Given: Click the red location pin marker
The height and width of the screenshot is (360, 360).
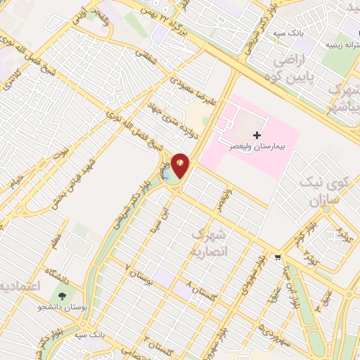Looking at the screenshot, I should point(181,165).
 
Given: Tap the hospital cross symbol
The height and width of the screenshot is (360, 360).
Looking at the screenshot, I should point(257,134).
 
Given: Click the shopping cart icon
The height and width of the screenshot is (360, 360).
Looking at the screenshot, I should point(279,257).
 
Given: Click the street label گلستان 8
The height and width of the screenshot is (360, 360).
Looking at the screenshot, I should point(201,288).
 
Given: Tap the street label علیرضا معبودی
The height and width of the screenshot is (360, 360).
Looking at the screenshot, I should point(169,86).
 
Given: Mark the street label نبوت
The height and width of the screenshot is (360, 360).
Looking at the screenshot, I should point(61,152).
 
